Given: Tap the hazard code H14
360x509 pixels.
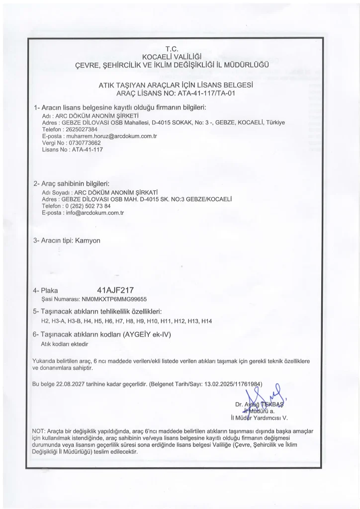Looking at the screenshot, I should coord(207,321).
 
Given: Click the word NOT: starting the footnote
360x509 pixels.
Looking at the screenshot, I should coord(38,430).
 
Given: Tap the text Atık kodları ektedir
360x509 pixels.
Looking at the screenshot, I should coord(64,343).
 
